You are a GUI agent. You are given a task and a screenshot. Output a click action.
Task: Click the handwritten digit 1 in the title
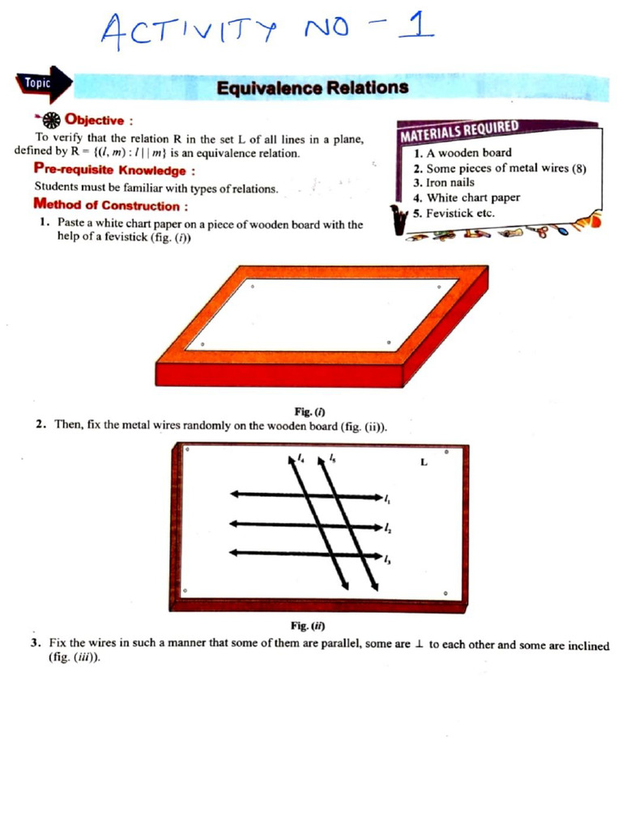421,28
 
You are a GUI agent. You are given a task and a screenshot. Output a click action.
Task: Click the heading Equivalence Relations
312,87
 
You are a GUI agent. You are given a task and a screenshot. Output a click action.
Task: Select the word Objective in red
94,120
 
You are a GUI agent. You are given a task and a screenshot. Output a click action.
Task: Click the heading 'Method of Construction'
106,206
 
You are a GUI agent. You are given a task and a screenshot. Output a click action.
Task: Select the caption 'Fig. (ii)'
308,626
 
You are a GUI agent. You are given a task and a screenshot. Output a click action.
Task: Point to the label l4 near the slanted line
301,458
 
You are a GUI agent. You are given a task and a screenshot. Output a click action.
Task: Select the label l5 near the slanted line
332,458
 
